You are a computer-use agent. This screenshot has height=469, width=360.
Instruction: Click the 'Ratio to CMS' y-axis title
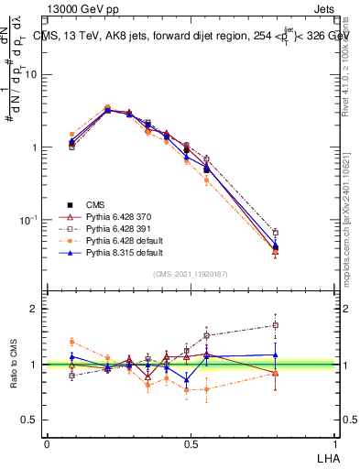[x=14, y=364]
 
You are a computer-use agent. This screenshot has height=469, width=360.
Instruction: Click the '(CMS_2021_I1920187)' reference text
[x=190, y=274]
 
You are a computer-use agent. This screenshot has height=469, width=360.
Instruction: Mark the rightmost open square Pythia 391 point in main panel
[x=301, y=233]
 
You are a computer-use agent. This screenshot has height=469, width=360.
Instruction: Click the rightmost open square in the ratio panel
[x=301, y=325]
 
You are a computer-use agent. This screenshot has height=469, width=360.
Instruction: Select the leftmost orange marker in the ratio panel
[x=72, y=342]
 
